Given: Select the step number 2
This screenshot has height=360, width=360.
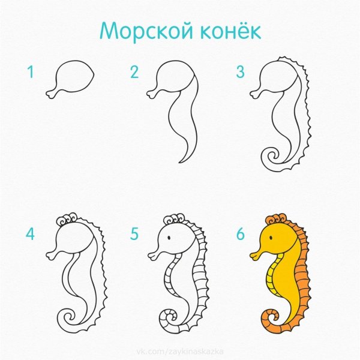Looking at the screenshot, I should tap(134, 73).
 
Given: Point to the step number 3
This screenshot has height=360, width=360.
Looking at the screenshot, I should tap(240, 73).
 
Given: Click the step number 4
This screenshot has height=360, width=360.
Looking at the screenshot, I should tap(30, 233).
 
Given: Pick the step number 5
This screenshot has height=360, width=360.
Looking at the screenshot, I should tap(134, 233).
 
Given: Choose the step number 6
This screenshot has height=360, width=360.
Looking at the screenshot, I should tap(240, 233).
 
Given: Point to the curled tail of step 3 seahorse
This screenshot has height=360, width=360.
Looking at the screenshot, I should tap(270, 157).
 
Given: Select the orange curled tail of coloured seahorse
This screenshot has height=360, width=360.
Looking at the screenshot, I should tap(271, 319).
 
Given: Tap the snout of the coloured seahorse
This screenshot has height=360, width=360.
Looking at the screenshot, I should tap(255, 256).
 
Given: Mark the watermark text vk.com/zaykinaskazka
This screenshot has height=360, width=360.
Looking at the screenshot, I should tap(179, 349).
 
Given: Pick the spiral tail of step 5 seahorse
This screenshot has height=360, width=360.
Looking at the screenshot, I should tap(167, 319).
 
